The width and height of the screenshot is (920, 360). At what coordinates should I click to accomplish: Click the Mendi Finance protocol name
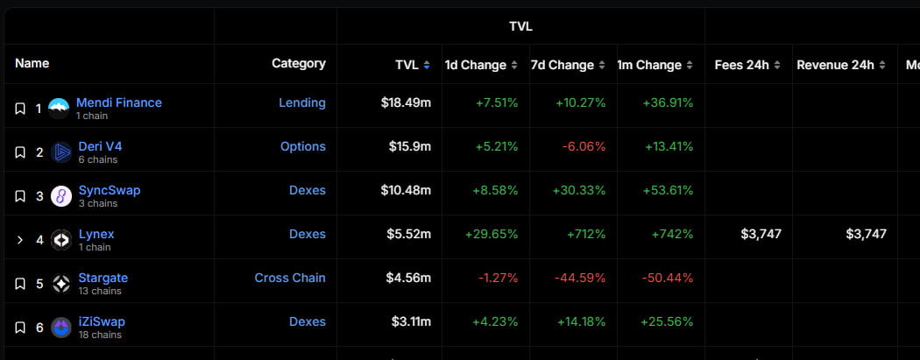pyautogui.click(x=118, y=102)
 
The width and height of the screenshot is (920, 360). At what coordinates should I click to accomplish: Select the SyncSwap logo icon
pyautogui.click(x=60, y=196)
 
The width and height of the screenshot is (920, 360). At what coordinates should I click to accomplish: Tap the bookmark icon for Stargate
pyautogui.click(x=19, y=284)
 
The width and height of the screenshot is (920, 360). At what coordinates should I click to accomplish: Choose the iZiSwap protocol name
pyautogui.click(x=101, y=321)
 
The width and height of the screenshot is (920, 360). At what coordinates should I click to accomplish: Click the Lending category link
pyautogui.click(x=301, y=102)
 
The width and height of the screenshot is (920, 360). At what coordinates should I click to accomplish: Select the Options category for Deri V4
pyautogui.click(x=302, y=146)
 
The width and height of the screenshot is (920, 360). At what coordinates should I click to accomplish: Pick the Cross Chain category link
pyautogui.click(x=289, y=278)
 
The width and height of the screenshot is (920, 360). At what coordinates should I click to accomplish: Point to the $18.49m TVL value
pyautogui.click(x=406, y=102)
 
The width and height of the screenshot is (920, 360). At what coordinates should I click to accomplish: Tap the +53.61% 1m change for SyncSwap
pyautogui.click(x=668, y=190)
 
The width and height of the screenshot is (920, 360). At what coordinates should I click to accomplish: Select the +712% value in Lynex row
pyautogui.click(x=587, y=234)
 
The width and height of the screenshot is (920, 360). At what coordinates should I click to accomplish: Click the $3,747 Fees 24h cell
pyautogui.click(x=760, y=234)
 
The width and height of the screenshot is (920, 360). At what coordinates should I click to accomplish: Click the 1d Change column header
pyautogui.click(x=475, y=65)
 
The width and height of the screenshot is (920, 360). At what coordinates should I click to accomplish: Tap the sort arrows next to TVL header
pyautogui.click(x=427, y=66)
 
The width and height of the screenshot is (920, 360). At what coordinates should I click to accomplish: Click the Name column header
pyautogui.click(x=32, y=63)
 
